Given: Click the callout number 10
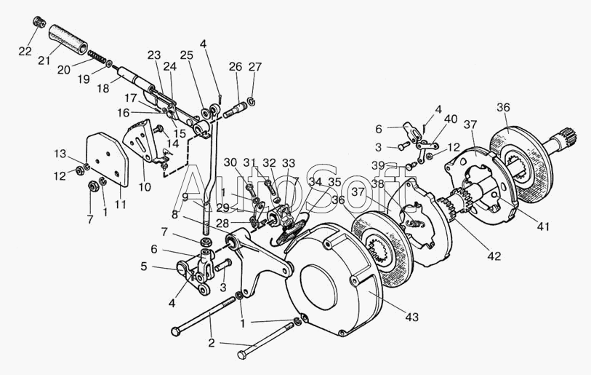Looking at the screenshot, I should coord(145,188).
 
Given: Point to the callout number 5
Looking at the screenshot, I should coord(144,267).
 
